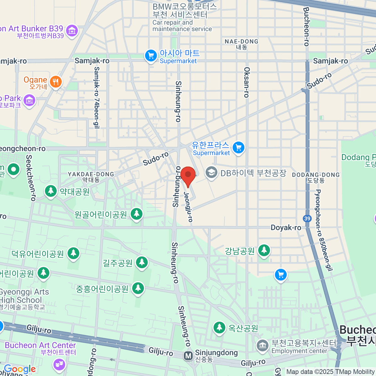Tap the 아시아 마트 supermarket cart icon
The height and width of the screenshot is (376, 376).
click(151, 56)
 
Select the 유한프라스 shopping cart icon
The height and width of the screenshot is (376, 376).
click(238, 147)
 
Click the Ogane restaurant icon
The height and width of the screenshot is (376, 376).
click(56, 82)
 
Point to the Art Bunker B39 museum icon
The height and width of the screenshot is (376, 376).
click(72, 31)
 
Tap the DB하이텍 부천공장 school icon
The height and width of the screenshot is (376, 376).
click(211, 172)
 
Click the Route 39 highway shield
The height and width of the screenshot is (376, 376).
click(307, 219)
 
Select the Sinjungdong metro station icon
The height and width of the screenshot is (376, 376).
click(188, 356)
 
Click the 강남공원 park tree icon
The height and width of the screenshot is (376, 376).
click(264, 250)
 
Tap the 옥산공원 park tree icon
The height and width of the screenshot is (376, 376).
click(219, 328)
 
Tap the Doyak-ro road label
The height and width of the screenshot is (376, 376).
click(286, 227)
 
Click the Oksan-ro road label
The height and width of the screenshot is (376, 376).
click(247, 82)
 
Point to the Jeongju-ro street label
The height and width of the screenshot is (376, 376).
click(188, 207)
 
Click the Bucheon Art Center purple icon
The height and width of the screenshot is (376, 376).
click(59, 364)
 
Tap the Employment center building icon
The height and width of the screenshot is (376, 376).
click(262, 346)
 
